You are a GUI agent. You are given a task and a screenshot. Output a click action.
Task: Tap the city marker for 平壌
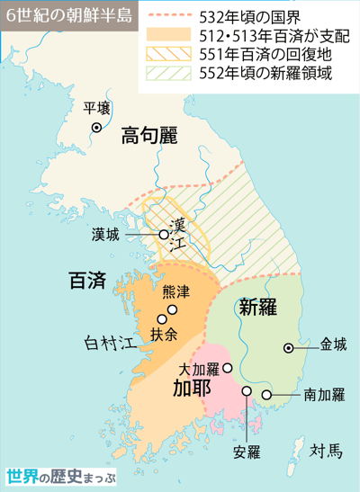tap(95, 128)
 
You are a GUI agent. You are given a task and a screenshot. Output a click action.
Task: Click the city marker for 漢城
tap(164, 235)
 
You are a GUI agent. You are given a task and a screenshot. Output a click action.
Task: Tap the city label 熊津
tap(176, 292)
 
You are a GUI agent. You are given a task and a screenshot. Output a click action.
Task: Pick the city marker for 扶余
tap(163, 318)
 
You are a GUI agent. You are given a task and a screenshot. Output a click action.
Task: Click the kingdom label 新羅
tap(256, 307)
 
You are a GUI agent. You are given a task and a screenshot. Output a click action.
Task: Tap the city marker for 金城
tap(288, 346)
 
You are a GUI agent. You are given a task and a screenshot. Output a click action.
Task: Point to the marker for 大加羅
tap(227, 367)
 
